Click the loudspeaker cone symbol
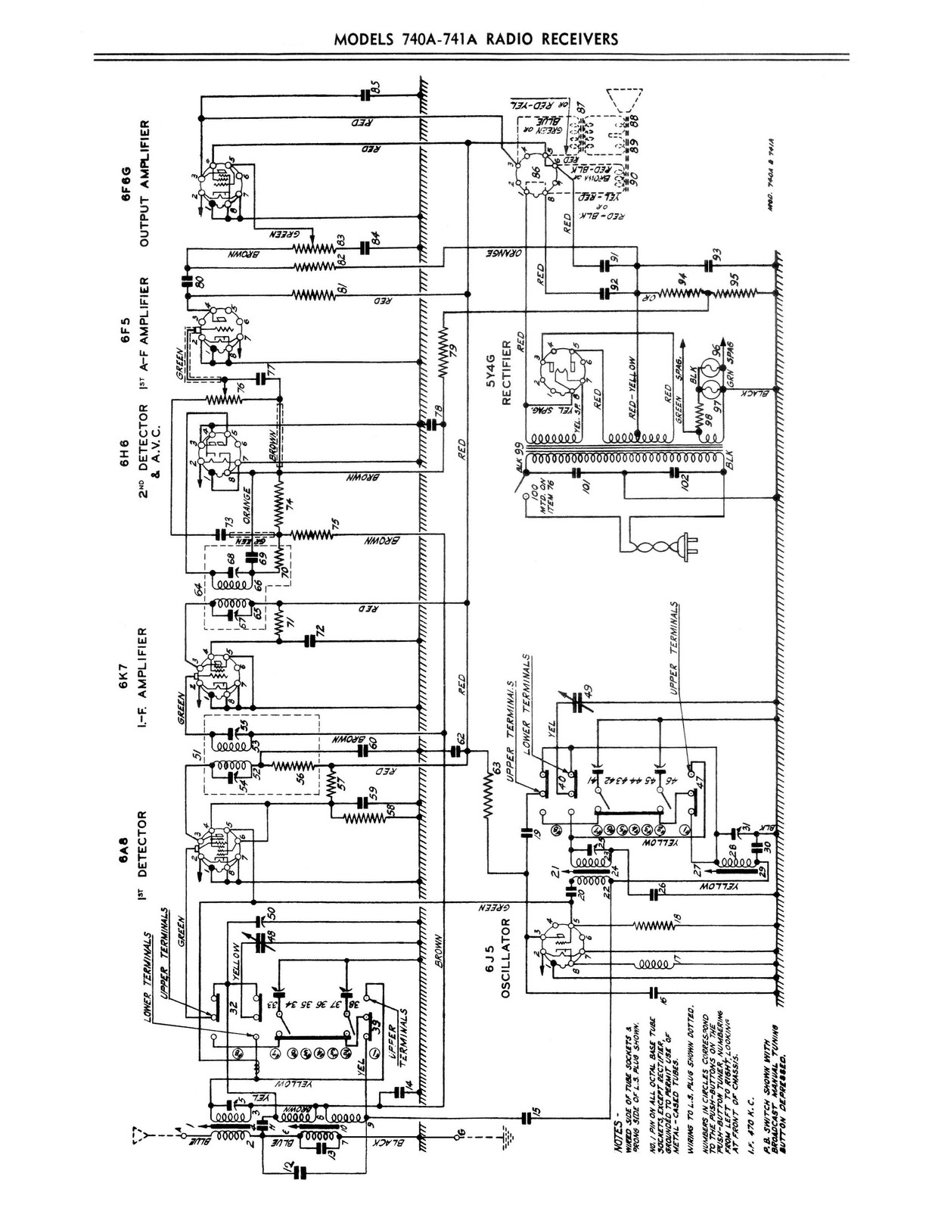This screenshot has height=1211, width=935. (x=627, y=98)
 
